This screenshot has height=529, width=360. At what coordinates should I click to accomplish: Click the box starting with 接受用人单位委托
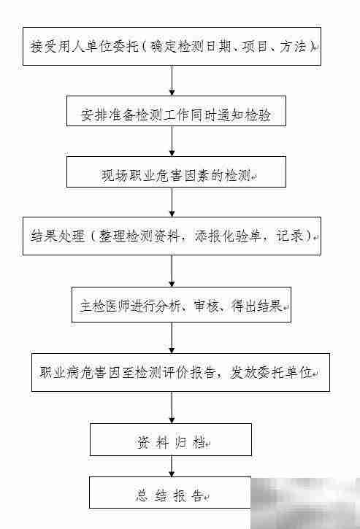172,46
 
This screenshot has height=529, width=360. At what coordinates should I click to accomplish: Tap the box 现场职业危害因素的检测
176,174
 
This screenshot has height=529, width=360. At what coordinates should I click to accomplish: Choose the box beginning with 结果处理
172,235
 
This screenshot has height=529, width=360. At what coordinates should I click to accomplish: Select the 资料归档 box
171,440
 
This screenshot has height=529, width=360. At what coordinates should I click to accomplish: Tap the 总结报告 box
171,493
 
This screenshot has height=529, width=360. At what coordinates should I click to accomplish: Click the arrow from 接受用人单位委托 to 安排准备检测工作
172,81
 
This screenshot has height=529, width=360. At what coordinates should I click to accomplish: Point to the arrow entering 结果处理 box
172,202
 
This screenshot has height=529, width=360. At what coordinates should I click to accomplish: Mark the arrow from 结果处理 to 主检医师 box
172,270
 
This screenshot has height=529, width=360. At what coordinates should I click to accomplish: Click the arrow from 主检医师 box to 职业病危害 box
172,339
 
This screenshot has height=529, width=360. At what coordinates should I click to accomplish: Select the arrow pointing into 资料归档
172,407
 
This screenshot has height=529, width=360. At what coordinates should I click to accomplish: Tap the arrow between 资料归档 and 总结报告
172,466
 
